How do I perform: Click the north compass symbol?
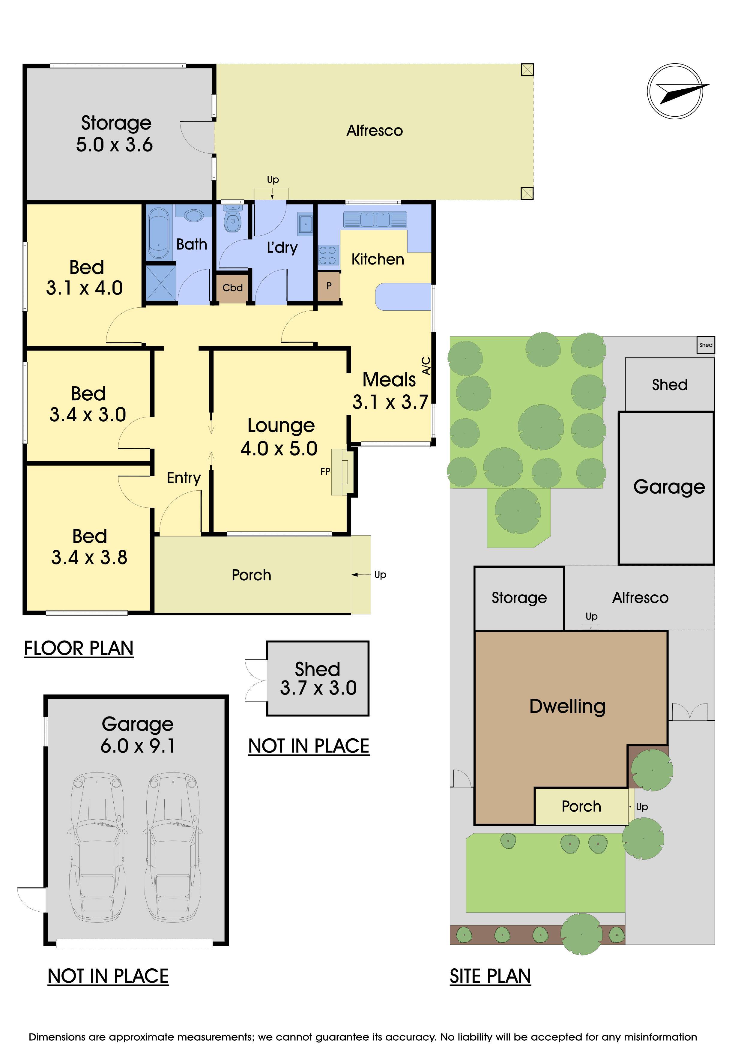tap(675, 91)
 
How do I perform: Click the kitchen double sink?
tap(375, 220)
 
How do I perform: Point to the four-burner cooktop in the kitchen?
tap(328, 255)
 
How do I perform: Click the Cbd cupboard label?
tap(233, 288)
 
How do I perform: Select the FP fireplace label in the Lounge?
tap(325, 471)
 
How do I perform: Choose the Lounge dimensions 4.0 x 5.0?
tap(279, 448)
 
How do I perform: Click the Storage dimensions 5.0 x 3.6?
tap(115, 145)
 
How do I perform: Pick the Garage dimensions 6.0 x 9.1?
tap(138, 746)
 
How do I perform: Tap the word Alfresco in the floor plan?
tap(375, 130)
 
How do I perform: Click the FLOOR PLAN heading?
tap(79, 648)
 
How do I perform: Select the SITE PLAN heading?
tap(490, 976)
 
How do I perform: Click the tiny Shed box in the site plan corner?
tap(706, 345)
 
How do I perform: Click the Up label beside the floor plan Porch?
tap(380, 575)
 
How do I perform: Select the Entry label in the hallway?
tap(184, 478)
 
